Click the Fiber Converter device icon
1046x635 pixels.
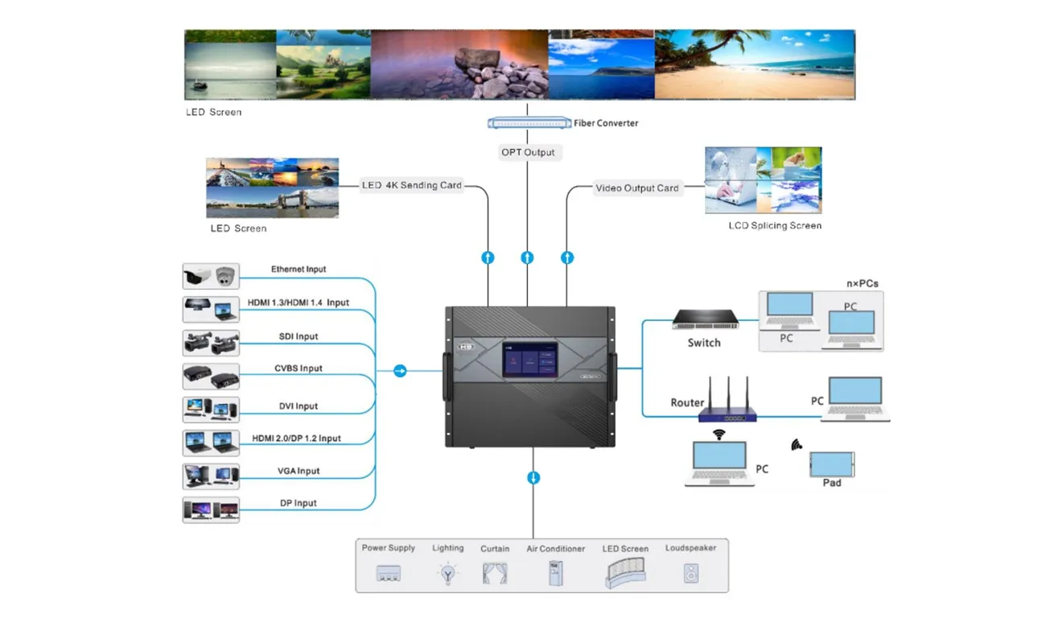point(529,123)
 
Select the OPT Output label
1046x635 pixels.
point(528,152)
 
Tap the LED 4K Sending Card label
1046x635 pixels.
point(412,186)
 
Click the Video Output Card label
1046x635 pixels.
point(637,188)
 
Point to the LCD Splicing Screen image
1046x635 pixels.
point(763,179)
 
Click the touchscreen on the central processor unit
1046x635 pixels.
point(531,360)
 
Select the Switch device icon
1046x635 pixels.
point(704,320)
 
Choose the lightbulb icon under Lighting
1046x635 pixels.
point(447,574)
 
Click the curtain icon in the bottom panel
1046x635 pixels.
point(495,573)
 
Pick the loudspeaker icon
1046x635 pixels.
point(690,573)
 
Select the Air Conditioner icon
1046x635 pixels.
point(555,572)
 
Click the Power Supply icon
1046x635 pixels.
point(389,574)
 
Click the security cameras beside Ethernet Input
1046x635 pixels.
point(212,276)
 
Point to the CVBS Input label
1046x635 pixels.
point(298,369)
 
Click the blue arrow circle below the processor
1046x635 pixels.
point(533,478)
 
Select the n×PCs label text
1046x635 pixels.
point(861,283)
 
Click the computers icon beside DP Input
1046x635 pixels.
point(212,509)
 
